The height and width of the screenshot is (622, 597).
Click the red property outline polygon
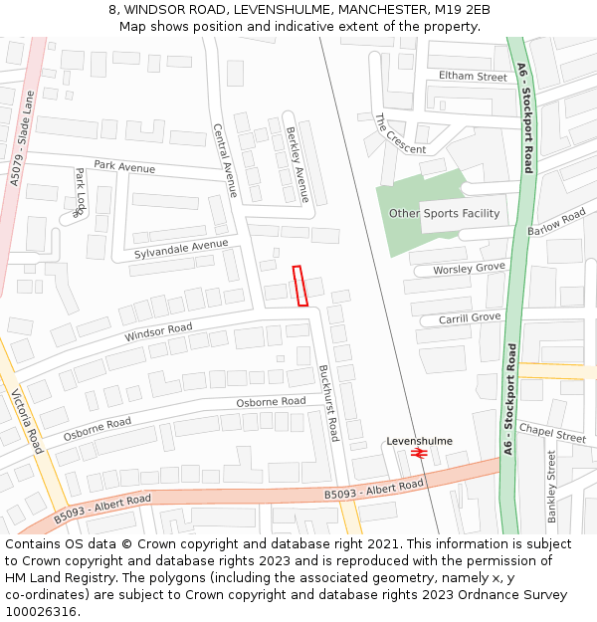pyautogui.click(x=300, y=285)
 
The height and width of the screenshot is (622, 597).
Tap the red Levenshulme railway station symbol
pyautogui.click(x=418, y=453)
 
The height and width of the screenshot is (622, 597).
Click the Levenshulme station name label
pyautogui.click(x=419, y=441)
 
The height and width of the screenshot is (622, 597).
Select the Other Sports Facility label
pyautogui.click(x=444, y=213)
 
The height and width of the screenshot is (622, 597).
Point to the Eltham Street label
pyautogui.click(x=473, y=77)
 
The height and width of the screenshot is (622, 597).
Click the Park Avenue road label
pyautogui.click(x=124, y=167)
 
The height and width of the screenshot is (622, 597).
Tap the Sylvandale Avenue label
pyautogui.click(x=181, y=250)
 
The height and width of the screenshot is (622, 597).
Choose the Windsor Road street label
pyautogui.click(x=158, y=332)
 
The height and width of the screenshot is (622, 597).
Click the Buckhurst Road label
pyautogui.click(x=328, y=402)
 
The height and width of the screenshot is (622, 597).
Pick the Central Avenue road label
pyautogui.click(x=226, y=160)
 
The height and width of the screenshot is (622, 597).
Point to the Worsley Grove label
pyautogui.click(x=470, y=269)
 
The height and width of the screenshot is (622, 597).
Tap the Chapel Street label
pyautogui.click(x=552, y=433)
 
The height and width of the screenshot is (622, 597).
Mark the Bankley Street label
pyautogui.click(x=551, y=486)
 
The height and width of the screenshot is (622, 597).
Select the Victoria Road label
pyautogui.click(x=27, y=421)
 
